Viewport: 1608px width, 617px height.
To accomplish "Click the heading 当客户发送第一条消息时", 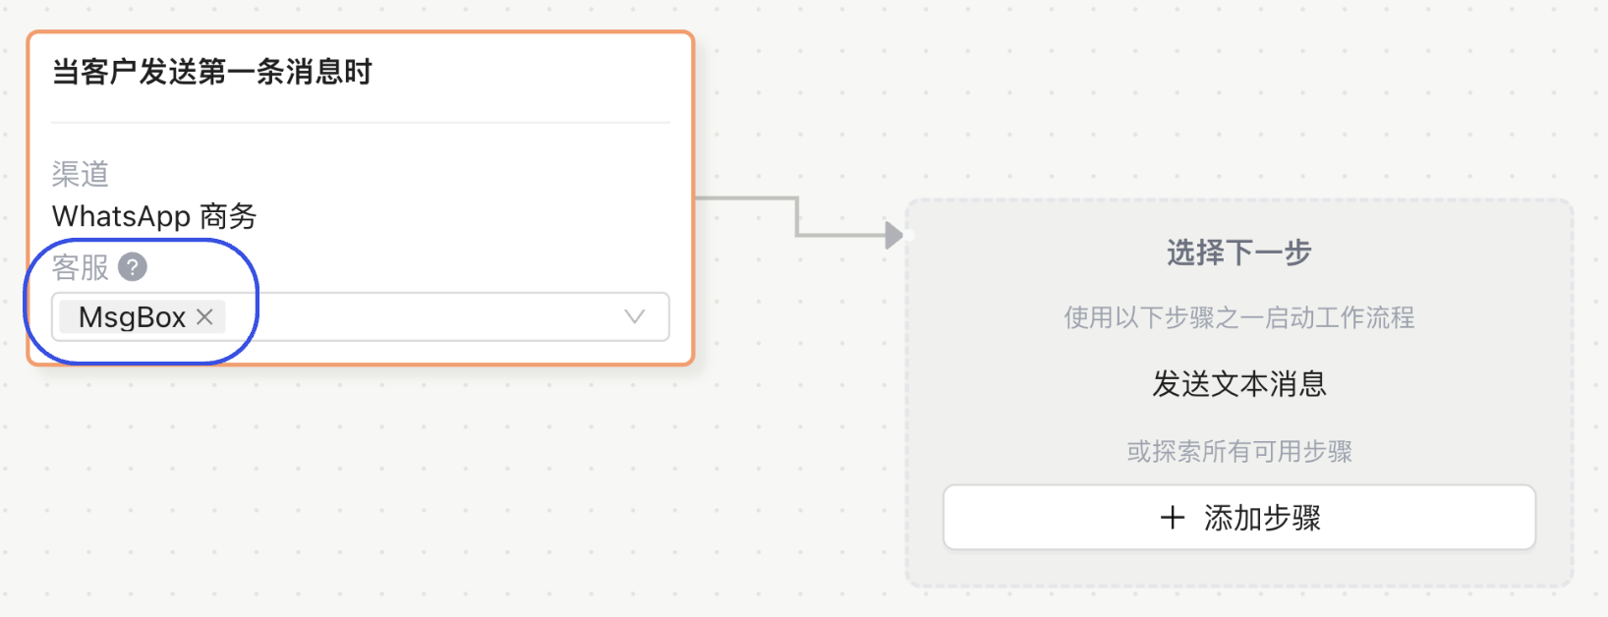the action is click(x=211, y=72).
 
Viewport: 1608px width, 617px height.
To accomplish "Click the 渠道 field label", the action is click(x=80, y=174).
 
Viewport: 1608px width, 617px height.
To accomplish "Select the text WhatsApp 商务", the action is click(x=154, y=216).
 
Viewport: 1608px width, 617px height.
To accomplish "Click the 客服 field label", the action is click(x=80, y=267).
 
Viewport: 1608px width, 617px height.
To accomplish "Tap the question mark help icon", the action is click(x=132, y=266).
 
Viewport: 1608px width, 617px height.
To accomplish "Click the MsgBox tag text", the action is click(x=132, y=317).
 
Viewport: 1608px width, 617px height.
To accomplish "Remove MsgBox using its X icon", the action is click(x=204, y=316).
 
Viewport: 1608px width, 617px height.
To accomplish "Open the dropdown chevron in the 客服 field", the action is click(x=635, y=316).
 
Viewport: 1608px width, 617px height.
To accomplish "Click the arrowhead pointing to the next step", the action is click(x=893, y=235).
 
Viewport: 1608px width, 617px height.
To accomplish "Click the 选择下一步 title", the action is click(x=1238, y=252).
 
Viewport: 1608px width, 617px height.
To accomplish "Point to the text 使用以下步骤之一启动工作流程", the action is click(x=1238, y=317).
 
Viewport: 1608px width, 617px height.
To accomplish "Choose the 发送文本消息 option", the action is click(x=1238, y=383).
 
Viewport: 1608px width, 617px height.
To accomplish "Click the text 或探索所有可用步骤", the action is click(x=1238, y=451).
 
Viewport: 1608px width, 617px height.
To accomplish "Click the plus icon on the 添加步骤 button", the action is click(x=1172, y=518).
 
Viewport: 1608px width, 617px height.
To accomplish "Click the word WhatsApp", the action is click(x=121, y=216).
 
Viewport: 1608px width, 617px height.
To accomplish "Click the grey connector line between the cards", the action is click(x=797, y=216).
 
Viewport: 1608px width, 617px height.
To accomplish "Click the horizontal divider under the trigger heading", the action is click(x=360, y=123).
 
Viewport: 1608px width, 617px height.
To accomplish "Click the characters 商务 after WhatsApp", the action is click(x=228, y=216).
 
